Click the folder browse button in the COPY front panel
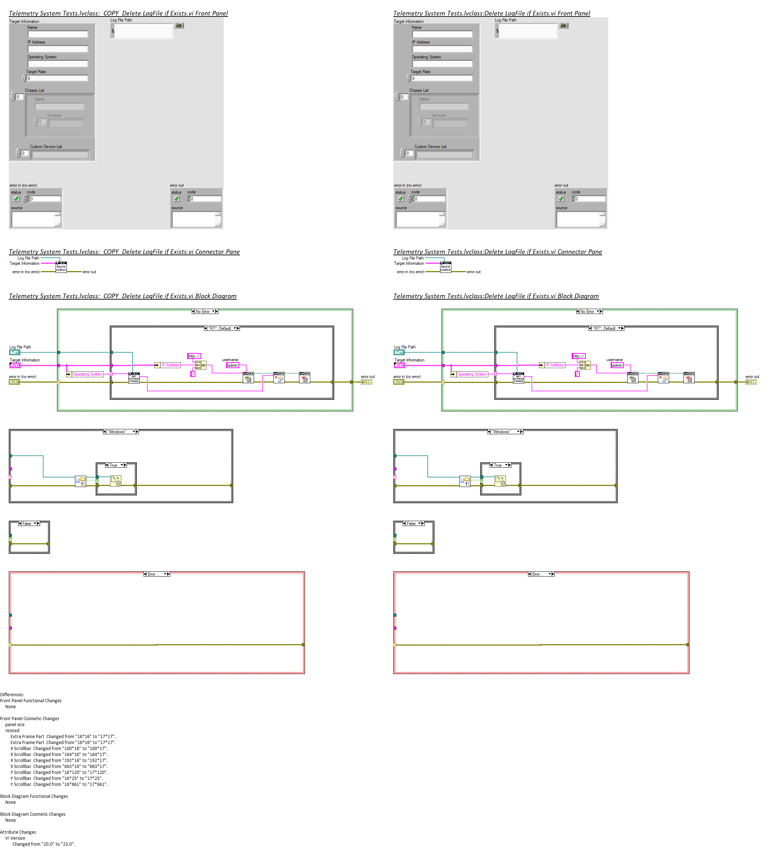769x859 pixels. pyautogui.click(x=179, y=26)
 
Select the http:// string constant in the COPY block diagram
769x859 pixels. pyautogui.click(x=194, y=356)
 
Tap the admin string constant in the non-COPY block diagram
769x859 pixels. pyautogui.click(x=617, y=365)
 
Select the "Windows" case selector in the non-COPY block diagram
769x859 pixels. pyautogui.click(x=506, y=432)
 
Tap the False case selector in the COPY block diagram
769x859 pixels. pyautogui.click(x=29, y=523)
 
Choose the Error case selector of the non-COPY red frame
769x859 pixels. pyautogui.click(x=541, y=574)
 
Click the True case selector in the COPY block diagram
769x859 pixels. pyautogui.click(x=115, y=465)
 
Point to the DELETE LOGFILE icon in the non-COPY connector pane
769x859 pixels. pyautogui.click(x=445, y=267)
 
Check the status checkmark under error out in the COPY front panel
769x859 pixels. pyautogui.click(x=177, y=199)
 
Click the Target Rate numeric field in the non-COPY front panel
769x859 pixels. pyautogui.click(x=441, y=78)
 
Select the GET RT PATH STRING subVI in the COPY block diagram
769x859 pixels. pyautogui.click(x=134, y=378)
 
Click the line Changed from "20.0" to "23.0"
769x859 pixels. pyautogui.click(x=44, y=844)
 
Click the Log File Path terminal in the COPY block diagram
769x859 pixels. pyautogui.click(x=15, y=352)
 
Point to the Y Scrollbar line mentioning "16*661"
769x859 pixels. pyautogui.click(x=59, y=784)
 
